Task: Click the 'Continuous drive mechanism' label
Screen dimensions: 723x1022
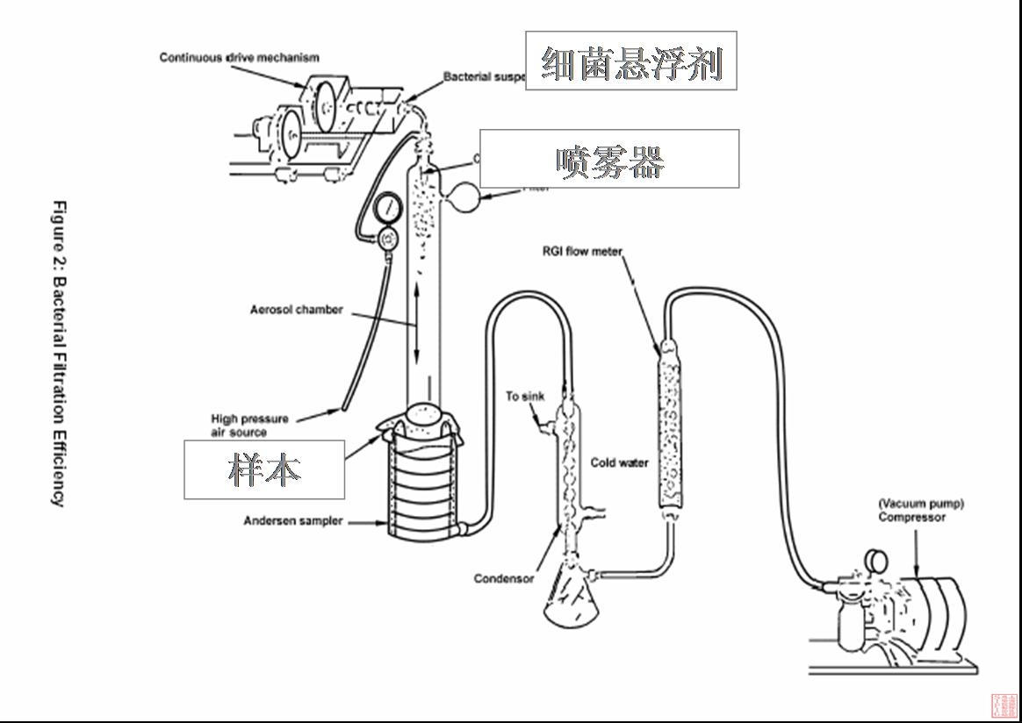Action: click(x=239, y=58)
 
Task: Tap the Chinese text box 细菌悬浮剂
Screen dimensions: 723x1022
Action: click(x=630, y=61)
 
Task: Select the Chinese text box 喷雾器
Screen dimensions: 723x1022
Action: click(x=609, y=159)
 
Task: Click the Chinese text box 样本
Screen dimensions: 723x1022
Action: click(x=263, y=469)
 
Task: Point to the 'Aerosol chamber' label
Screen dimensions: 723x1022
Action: click(x=296, y=310)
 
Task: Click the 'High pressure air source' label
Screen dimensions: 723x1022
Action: click(x=249, y=426)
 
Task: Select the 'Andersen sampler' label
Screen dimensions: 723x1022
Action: click(x=293, y=521)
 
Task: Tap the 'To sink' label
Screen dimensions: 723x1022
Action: click(x=524, y=397)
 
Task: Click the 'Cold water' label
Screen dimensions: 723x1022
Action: click(x=619, y=462)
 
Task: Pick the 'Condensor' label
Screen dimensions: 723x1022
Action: click(x=503, y=578)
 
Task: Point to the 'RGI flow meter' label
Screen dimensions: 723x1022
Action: click(x=582, y=252)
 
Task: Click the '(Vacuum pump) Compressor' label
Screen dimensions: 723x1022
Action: click(x=920, y=511)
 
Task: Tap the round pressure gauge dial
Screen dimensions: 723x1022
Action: click(x=385, y=209)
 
